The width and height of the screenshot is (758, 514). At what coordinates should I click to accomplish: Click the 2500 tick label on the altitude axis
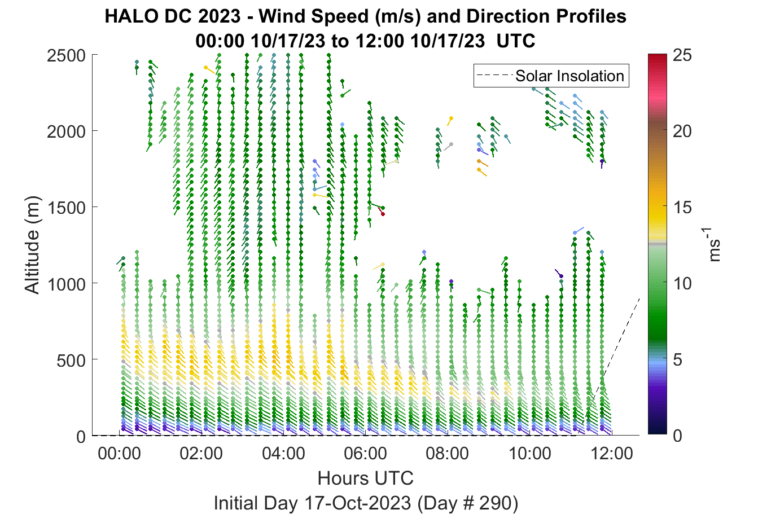[67, 55]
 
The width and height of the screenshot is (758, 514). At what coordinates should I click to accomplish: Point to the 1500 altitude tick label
[67, 208]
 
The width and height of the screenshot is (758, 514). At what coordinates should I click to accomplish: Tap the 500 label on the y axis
[71, 361]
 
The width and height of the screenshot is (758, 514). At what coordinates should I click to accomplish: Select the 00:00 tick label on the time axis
[119, 454]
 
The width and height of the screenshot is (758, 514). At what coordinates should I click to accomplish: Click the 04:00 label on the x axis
[283, 454]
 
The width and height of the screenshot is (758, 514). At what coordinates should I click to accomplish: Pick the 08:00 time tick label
[448, 454]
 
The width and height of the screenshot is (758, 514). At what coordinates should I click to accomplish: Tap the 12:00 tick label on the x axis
[611, 454]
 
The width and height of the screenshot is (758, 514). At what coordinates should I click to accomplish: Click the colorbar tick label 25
[682, 55]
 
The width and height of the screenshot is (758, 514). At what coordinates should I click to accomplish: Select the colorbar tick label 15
[682, 207]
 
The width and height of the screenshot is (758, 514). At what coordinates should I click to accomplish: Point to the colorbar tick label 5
[677, 360]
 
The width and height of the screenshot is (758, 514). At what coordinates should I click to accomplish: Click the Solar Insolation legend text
[569, 76]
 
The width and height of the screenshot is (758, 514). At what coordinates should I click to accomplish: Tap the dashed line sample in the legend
[494, 75]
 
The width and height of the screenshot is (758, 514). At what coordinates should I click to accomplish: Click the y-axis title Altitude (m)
[33, 245]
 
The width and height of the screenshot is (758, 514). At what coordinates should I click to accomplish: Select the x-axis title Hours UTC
[366, 478]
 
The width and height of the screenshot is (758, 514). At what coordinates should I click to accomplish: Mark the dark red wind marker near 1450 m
[383, 214]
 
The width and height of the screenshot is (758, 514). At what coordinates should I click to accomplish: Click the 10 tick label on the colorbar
[682, 283]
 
